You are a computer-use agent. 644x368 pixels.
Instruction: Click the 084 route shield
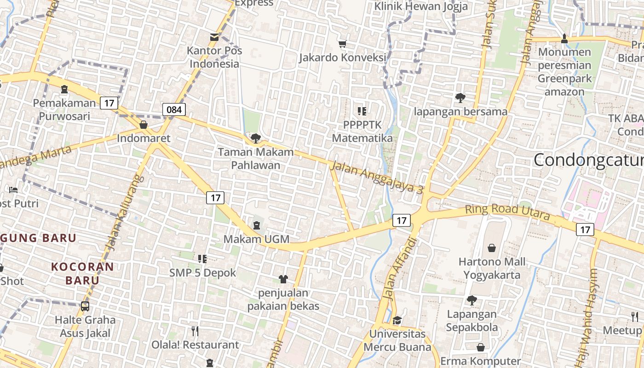(x=174, y=109)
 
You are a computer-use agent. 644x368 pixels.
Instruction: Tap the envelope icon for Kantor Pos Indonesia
(x=214, y=37)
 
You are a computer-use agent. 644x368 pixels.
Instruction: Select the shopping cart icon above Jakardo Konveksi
(x=342, y=44)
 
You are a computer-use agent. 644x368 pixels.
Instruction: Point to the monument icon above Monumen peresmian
(x=564, y=39)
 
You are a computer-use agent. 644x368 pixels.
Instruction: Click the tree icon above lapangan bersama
(x=460, y=98)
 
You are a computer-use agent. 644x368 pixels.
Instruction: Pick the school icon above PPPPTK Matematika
(x=362, y=111)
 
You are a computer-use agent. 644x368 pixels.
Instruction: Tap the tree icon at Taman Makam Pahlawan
(x=255, y=138)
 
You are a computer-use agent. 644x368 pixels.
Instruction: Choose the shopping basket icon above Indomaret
(x=144, y=125)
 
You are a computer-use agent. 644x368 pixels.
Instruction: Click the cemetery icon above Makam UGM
(x=256, y=225)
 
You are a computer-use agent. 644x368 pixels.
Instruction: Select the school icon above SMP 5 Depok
(x=202, y=259)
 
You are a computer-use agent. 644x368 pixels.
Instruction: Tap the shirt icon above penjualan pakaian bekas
(x=283, y=279)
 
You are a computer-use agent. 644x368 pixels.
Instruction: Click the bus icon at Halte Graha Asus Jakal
(x=85, y=306)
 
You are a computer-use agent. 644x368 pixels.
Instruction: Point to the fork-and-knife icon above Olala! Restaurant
(x=195, y=331)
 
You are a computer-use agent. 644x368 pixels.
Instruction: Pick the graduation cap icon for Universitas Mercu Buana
(x=397, y=320)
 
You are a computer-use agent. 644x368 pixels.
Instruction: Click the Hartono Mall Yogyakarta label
(x=492, y=269)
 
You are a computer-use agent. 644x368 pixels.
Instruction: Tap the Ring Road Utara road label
(x=507, y=211)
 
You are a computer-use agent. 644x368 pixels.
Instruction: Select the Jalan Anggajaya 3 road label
(x=377, y=178)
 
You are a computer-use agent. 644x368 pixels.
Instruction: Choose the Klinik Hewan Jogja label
(x=421, y=6)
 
